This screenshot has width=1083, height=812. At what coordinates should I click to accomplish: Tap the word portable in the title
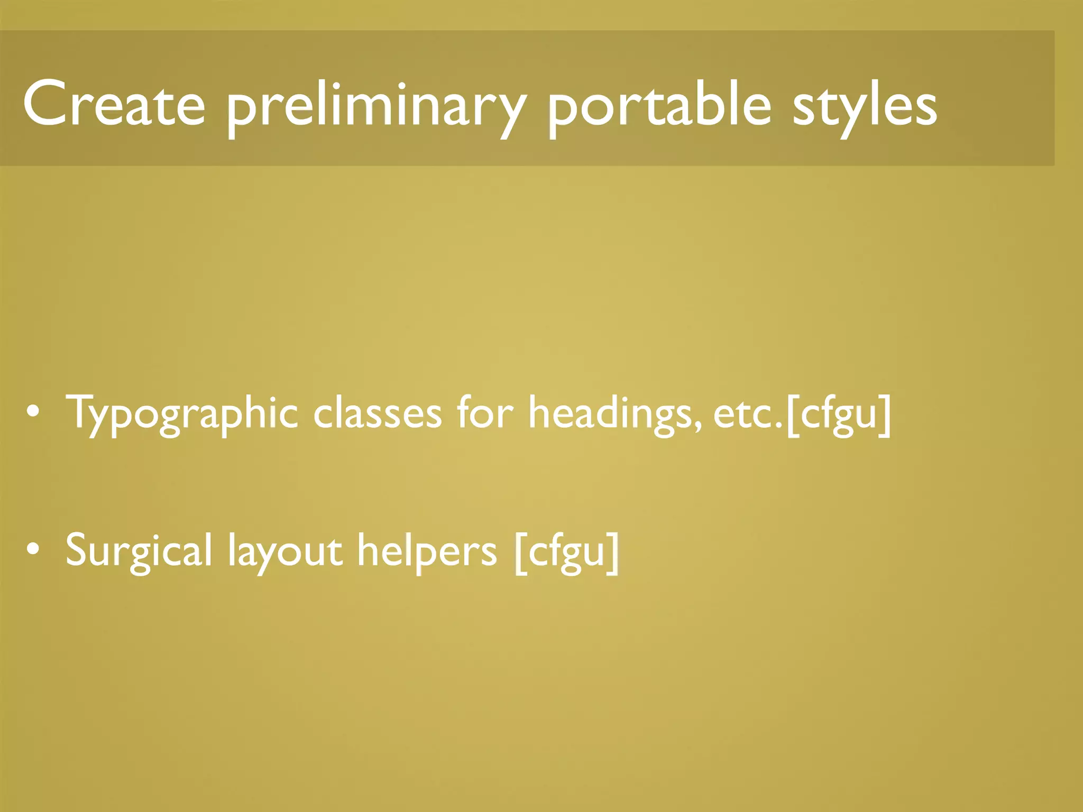pos(659,106)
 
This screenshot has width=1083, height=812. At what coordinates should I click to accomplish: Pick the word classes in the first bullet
pos(377,413)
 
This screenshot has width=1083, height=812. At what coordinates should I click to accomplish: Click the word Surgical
pos(139,551)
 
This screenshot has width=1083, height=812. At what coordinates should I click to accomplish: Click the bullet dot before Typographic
pos(33,413)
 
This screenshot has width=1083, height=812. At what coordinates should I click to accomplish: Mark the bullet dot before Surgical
pos(33,549)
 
